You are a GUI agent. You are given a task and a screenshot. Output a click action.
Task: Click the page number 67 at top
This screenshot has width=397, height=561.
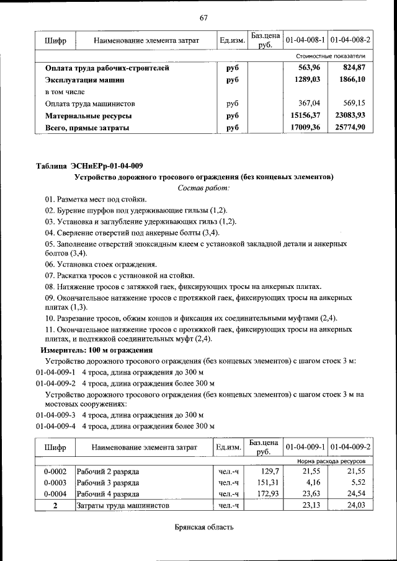tap(203, 17)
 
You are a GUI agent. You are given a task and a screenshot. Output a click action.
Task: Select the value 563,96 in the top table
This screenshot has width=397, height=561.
tap(309, 68)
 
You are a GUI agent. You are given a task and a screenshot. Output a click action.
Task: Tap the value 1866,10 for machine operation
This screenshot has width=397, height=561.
tap(352, 80)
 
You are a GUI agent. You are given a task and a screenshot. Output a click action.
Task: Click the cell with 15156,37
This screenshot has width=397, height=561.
tap(305, 115)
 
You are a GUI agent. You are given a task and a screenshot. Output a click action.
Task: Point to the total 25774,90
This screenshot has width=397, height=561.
tap(350, 127)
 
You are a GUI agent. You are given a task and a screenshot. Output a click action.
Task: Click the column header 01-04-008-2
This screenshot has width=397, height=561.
tap(350, 40)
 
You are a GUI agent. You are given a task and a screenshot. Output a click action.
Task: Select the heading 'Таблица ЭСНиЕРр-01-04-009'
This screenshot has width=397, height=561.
tap(89, 166)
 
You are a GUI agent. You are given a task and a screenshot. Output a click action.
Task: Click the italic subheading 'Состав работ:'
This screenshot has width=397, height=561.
tap(203, 188)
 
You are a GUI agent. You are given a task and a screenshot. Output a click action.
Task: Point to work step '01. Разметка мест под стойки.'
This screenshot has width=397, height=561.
tap(96, 199)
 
